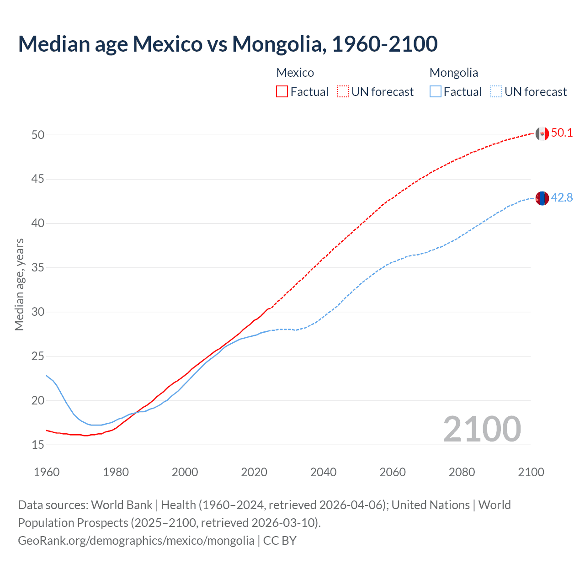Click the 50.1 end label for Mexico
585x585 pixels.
point(562,133)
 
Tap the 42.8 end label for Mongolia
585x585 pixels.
point(562,198)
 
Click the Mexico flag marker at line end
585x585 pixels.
point(542,133)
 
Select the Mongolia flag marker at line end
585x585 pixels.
point(542,198)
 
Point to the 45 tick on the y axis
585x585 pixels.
point(38,179)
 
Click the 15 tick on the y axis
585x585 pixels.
point(38,445)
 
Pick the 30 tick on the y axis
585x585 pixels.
point(38,312)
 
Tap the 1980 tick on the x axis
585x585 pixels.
point(116,472)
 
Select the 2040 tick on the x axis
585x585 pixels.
point(323,472)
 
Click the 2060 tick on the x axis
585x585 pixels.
point(393,472)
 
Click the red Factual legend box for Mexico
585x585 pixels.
point(282,92)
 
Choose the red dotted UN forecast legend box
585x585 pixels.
point(343,92)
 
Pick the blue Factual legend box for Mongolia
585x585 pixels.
point(436,92)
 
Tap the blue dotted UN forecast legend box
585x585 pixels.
point(496,92)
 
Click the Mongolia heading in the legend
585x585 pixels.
point(453,73)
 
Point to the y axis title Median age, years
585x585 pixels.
point(19,284)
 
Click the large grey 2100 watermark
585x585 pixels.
point(482,429)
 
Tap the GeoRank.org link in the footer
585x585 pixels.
point(136,541)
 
